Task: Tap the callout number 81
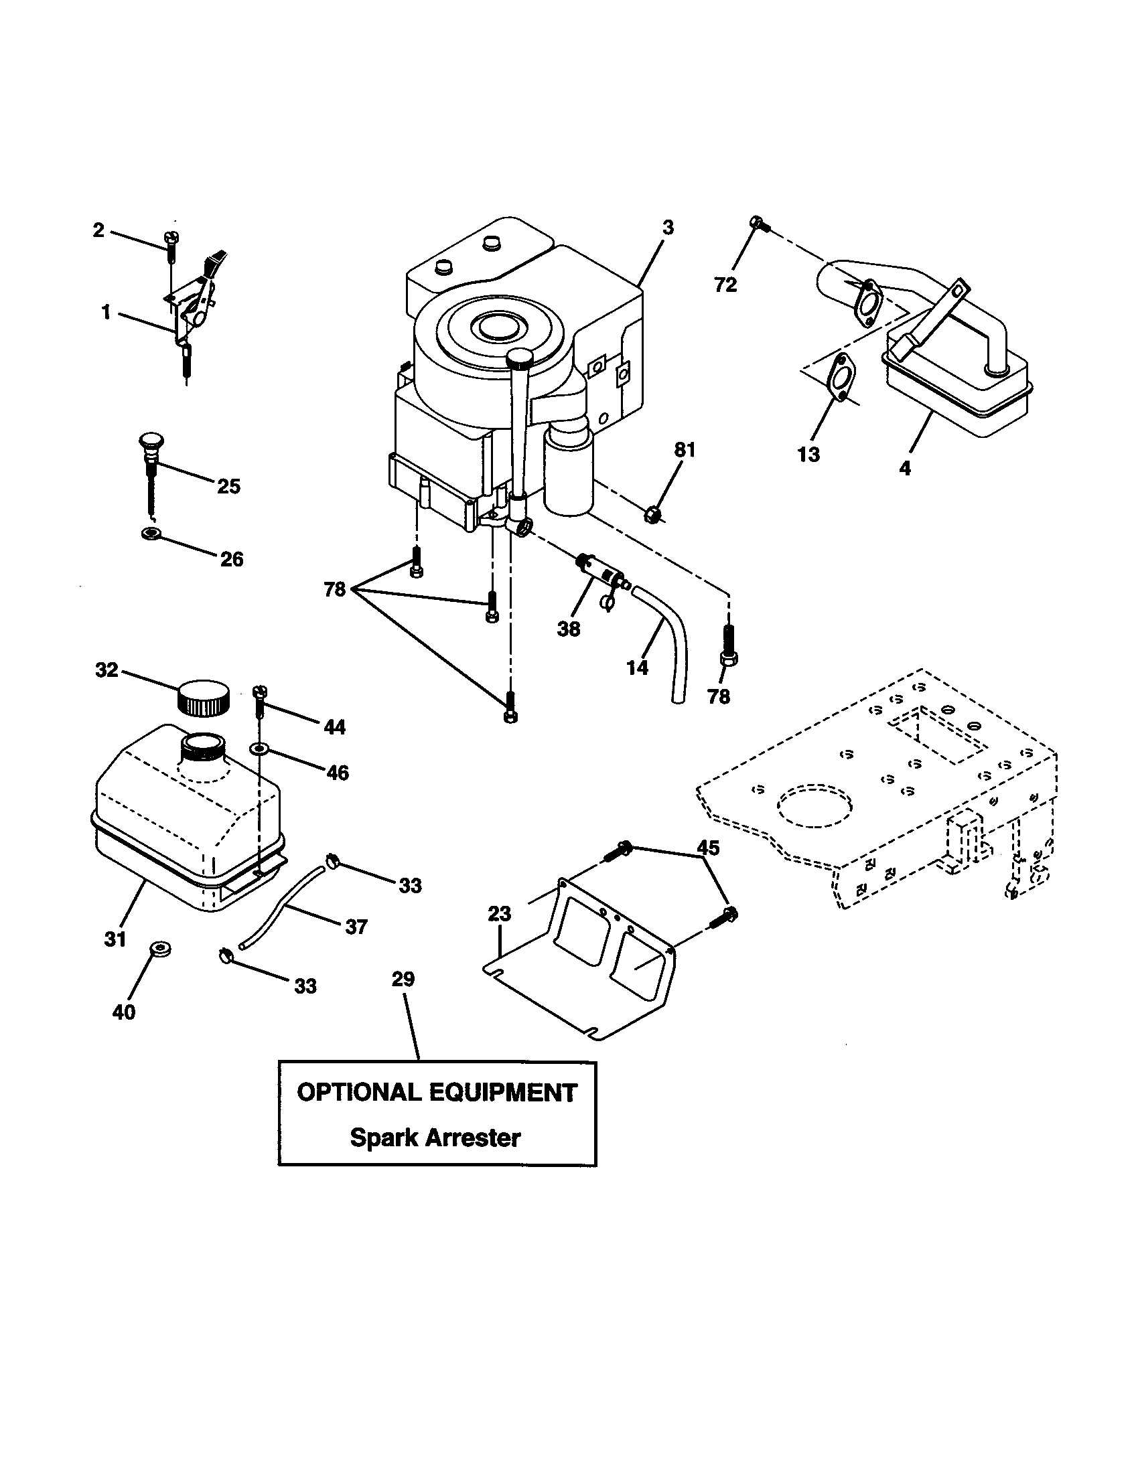click(x=685, y=450)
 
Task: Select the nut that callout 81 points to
click(x=652, y=516)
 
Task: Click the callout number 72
click(x=725, y=285)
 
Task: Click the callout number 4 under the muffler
click(x=905, y=467)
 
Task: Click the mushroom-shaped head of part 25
click(x=151, y=442)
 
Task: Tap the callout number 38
click(x=569, y=629)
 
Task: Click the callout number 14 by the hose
click(x=636, y=668)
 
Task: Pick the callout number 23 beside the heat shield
click(x=500, y=914)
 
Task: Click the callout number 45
click(x=707, y=848)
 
